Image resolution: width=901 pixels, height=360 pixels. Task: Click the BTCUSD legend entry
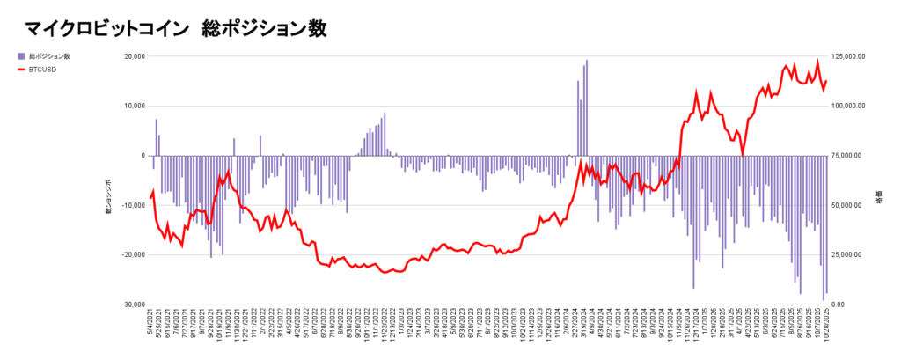42,68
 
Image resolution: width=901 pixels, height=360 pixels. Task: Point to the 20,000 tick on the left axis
134,56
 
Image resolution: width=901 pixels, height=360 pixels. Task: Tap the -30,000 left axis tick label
132,305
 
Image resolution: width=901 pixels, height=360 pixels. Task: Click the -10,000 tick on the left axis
132,205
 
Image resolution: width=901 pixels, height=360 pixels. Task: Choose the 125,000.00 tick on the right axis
851,56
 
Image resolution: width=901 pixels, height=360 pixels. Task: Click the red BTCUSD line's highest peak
817,62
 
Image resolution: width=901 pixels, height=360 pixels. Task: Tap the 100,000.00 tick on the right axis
849,106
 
